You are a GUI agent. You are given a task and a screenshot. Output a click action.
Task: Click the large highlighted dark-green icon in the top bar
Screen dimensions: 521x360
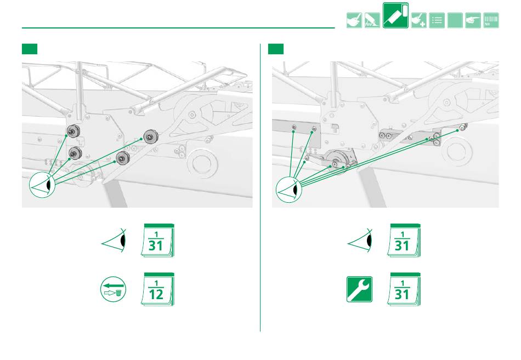click(x=395, y=15)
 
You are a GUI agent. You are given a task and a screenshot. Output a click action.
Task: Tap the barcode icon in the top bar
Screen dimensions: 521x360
click(x=491, y=21)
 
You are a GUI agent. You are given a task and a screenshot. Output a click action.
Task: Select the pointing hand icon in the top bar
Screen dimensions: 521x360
click(x=473, y=21)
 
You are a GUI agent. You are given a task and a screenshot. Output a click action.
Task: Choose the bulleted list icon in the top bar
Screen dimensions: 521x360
click(x=437, y=21)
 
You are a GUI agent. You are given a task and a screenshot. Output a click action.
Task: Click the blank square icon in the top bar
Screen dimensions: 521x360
click(x=455, y=21)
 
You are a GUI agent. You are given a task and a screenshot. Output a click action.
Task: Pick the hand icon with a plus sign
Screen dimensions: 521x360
click(x=418, y=21)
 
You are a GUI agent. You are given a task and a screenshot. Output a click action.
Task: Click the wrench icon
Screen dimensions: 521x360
click(x=359, y=289)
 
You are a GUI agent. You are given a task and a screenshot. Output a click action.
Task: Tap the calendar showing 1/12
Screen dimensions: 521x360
click(x=157, y=289)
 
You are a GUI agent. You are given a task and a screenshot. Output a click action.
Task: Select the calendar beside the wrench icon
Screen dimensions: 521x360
click(x=404, y=289)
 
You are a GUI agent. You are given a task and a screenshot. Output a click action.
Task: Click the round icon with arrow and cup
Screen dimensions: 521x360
click(x=114, y=289)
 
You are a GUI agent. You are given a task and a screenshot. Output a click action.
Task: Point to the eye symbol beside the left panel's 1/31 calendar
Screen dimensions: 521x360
click(x=114, y=241)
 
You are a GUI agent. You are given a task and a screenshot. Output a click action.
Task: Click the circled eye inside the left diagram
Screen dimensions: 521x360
click(x=42, y=185)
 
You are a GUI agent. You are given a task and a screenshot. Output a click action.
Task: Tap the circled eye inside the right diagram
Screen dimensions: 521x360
click(x=288, y=190)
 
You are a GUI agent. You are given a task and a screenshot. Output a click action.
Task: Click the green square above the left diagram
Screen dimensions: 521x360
click(x=30, y=49)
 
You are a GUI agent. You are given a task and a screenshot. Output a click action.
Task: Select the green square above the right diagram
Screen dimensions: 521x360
click(x=276, y=49)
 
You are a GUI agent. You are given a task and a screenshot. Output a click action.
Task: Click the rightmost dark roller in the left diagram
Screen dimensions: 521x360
click(x=151, y=136)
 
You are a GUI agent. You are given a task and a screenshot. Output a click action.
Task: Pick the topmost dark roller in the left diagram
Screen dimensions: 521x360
click(x=72, y=131)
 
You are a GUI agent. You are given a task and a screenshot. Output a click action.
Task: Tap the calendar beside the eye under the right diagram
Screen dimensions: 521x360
click(x=404, y=241)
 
